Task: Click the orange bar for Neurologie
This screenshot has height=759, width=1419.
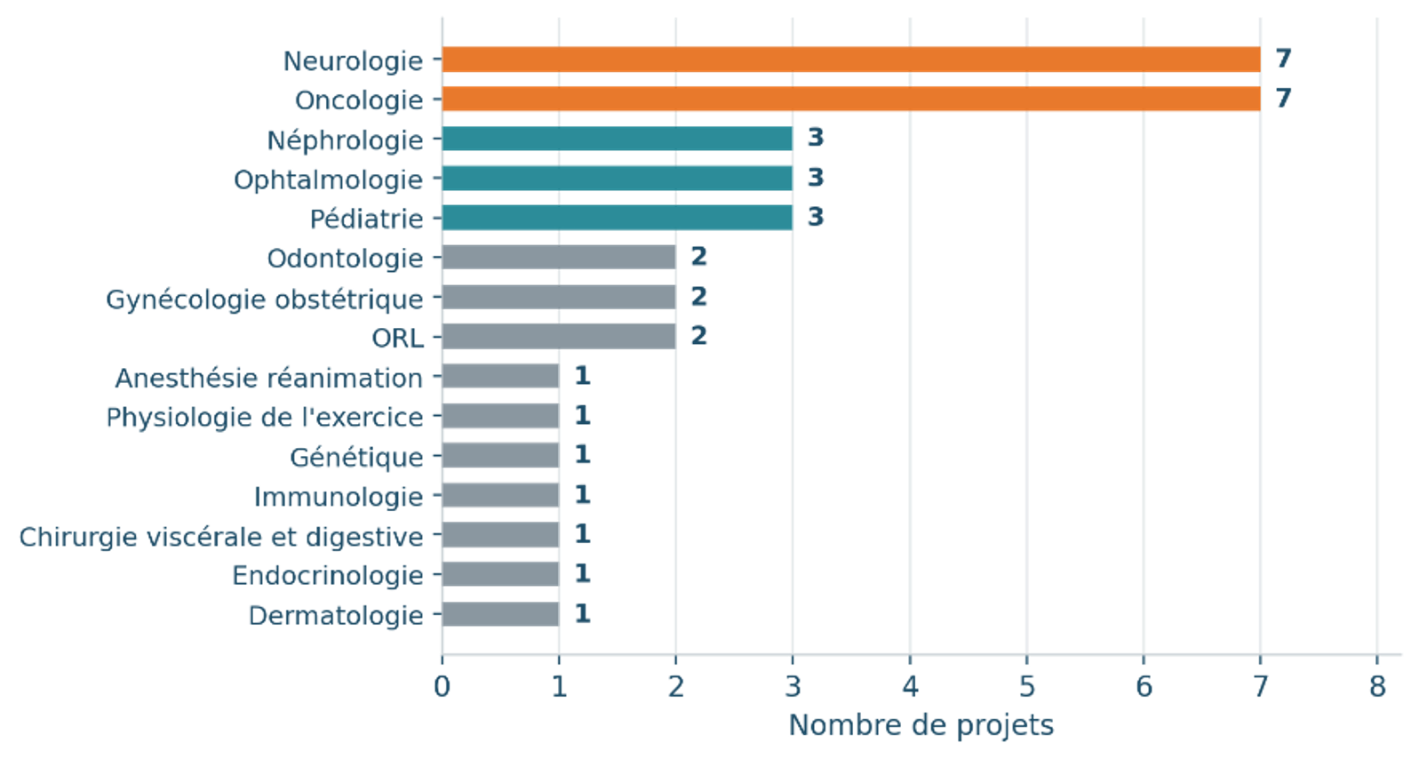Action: coord(850,60)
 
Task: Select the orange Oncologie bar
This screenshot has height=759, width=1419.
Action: coord(850,99)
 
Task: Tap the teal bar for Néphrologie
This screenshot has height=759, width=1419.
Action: coord(617,139)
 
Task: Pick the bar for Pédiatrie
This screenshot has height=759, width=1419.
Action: coord(617,218)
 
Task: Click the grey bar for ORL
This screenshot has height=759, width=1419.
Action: coord(559,337)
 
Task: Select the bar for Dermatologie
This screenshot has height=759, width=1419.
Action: coord(500,614)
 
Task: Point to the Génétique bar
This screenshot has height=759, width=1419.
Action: coord(500,456)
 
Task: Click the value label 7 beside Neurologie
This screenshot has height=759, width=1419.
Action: coord(1283,59)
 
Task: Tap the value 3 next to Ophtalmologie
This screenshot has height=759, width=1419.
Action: coord(816,178)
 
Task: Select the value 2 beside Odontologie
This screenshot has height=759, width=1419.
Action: coord(698,257)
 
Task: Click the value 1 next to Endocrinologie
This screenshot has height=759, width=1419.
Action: coord(583,574)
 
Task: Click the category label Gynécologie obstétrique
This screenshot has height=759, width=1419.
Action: coord(264,300)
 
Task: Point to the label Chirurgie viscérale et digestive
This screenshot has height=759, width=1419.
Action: coord(221,538)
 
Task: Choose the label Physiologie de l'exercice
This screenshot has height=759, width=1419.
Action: coord(264,418)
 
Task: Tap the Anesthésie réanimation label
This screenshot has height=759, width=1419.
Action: coord(269,379)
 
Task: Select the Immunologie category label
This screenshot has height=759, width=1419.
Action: coord(339,498)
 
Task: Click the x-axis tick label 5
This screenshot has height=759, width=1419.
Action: coord(1027,687)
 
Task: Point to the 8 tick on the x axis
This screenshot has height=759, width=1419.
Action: coord(1377,687)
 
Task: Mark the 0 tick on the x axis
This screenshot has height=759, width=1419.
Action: coord(442,687)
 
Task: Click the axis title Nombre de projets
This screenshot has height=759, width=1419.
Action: coord(921,726)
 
